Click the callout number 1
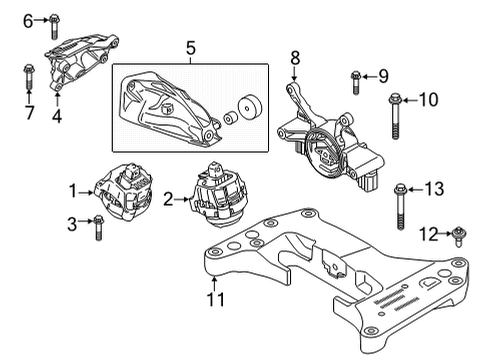(72, 188)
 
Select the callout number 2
(168, 200)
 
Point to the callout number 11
(212, 298)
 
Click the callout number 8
(295, 59)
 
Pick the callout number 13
(433, 188)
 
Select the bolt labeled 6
(52, 20)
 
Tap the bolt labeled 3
(98, 229)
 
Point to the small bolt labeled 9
(355, 77)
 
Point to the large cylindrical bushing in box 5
(249, 107)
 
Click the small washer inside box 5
(228, 119)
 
